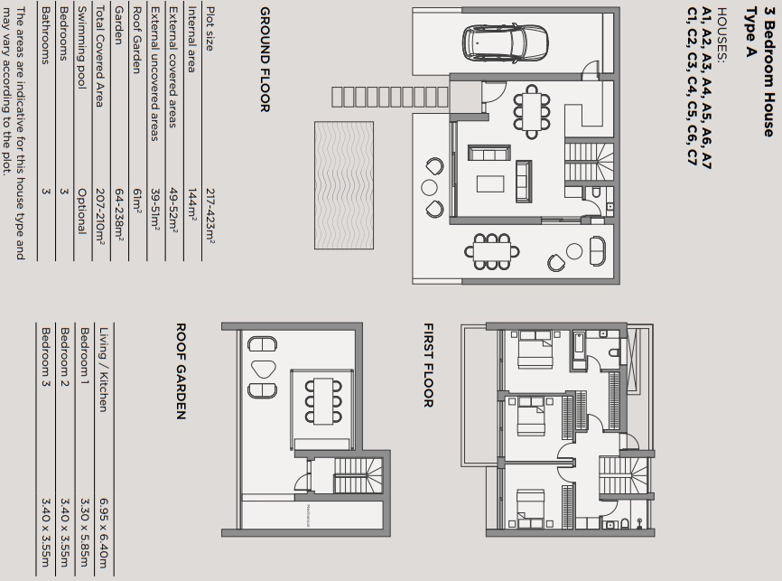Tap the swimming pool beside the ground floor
[344, 185]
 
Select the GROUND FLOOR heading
[265, 60]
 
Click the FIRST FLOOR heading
[428, 365]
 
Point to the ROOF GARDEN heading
[181, 370]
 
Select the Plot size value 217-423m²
[210, 216]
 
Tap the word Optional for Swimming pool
[82, 211]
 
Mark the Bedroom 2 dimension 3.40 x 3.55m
[65, 532]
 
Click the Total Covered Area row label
[99, 56]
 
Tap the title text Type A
[750, 32]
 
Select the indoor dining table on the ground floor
[532, 111]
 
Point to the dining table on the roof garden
[323, 401]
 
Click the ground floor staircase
[589, 163]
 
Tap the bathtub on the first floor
[579, 351]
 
